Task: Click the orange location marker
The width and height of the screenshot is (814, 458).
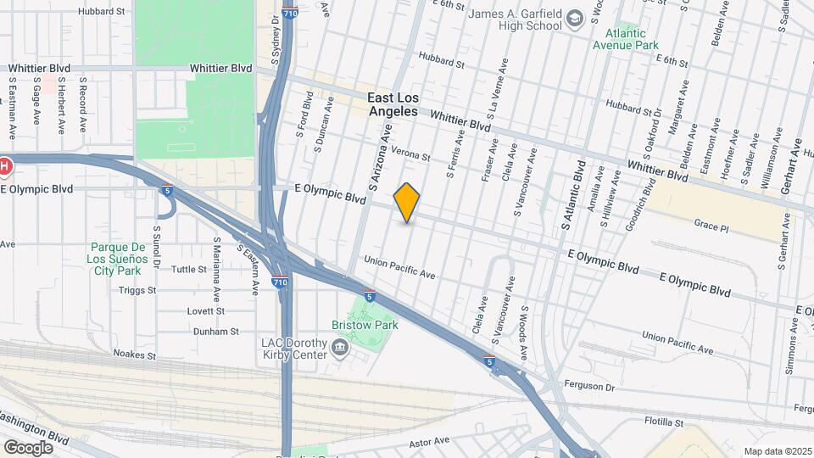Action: coord(407,203)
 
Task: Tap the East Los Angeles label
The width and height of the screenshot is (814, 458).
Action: coord(393,104)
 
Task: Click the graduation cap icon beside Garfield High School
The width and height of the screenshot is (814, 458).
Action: coord(577,18)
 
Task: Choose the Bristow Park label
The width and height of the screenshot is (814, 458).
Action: coord(365,324)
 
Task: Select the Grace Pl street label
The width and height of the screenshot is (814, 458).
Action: coord(711,227)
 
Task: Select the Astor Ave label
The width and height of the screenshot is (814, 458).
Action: coord(429,440)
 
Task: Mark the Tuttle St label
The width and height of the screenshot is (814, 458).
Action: coord(189,270)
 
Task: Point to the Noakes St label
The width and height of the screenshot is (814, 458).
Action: coord(136,354)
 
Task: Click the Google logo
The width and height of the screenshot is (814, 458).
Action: coord(28,447)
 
